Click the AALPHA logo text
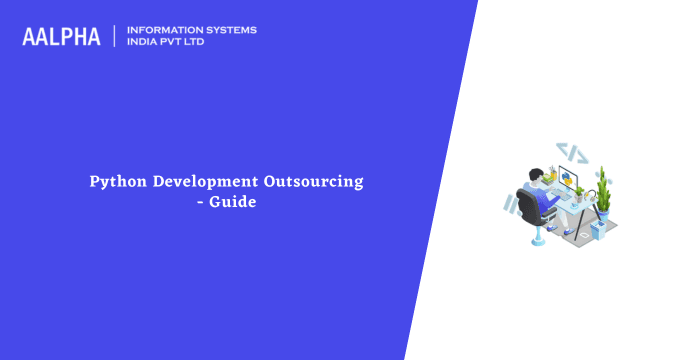(x=61, y=36)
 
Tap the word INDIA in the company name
(x=145, y=43)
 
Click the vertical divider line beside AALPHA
(x=114, y=36)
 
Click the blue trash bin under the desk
(x=597, y=230)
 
